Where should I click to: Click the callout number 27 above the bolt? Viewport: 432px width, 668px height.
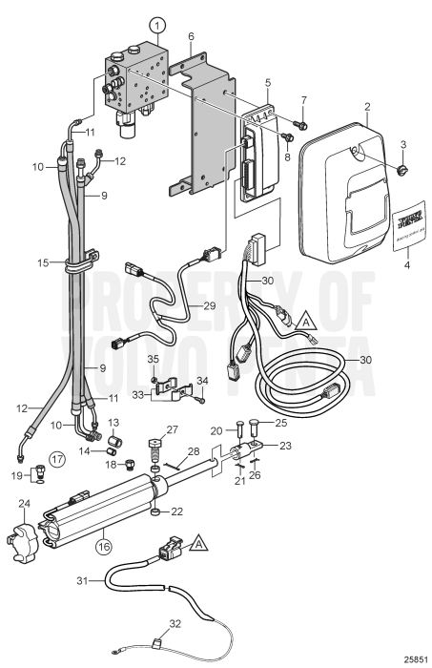(x=173, y=429)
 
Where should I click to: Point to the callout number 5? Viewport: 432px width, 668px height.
(x=268, y=83)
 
